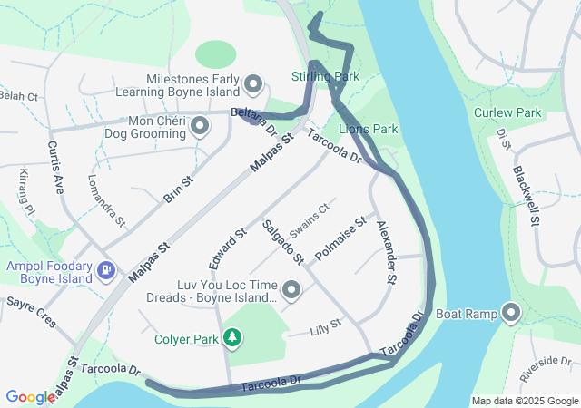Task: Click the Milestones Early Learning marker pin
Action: click(253, 85)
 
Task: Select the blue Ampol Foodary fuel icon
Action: click(107, 269)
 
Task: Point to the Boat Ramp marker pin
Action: click(510, 315)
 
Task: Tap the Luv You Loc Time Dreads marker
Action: click(291, 290)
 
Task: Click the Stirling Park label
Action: click(320, 76)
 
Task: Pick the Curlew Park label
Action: click(507, 113)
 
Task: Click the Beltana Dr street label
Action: click(253, 119)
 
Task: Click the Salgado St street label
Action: click(281, 242)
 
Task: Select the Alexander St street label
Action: click(387, 255)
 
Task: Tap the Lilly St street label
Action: click(323, 324)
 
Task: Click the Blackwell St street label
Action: click(527, 195)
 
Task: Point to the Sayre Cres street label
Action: click(32, 311)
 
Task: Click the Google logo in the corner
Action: click(29, 397)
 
